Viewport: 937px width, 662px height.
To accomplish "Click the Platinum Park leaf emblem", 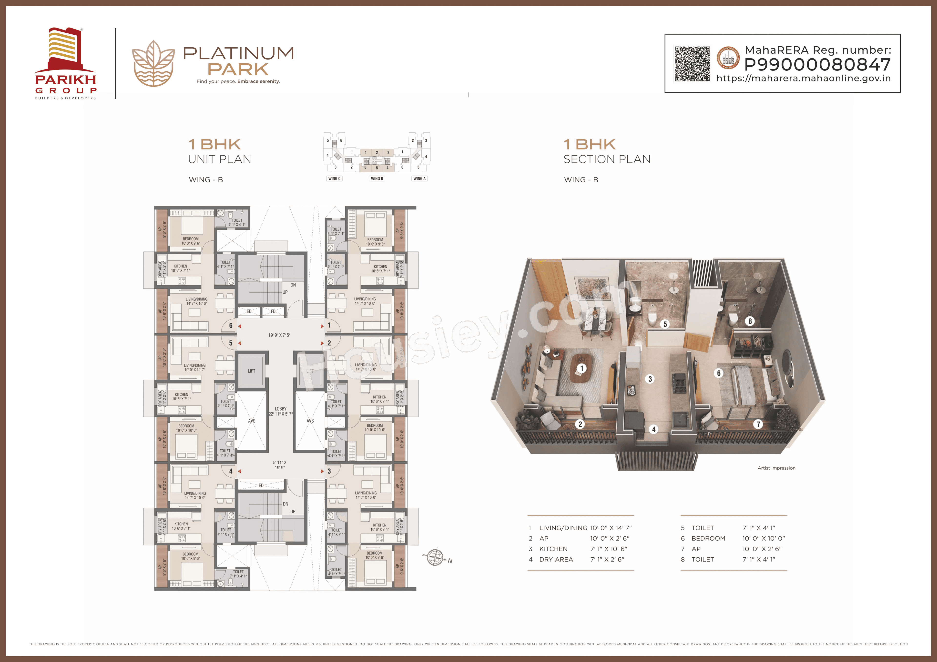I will [153, 64].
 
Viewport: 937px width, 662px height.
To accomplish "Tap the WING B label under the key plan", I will [377, 179].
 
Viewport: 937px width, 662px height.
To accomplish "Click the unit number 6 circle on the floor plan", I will [231, 326].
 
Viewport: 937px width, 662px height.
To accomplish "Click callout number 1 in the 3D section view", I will [581, 369].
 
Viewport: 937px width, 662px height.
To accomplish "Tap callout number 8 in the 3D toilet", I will [750, 321].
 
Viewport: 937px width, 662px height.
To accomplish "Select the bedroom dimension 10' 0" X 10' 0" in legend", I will [763, 538].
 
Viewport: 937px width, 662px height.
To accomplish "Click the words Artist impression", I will [776, 468].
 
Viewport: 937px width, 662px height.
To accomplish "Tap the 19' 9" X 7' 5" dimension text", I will [279, 335].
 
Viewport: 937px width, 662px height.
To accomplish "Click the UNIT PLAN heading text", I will [220, 159].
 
